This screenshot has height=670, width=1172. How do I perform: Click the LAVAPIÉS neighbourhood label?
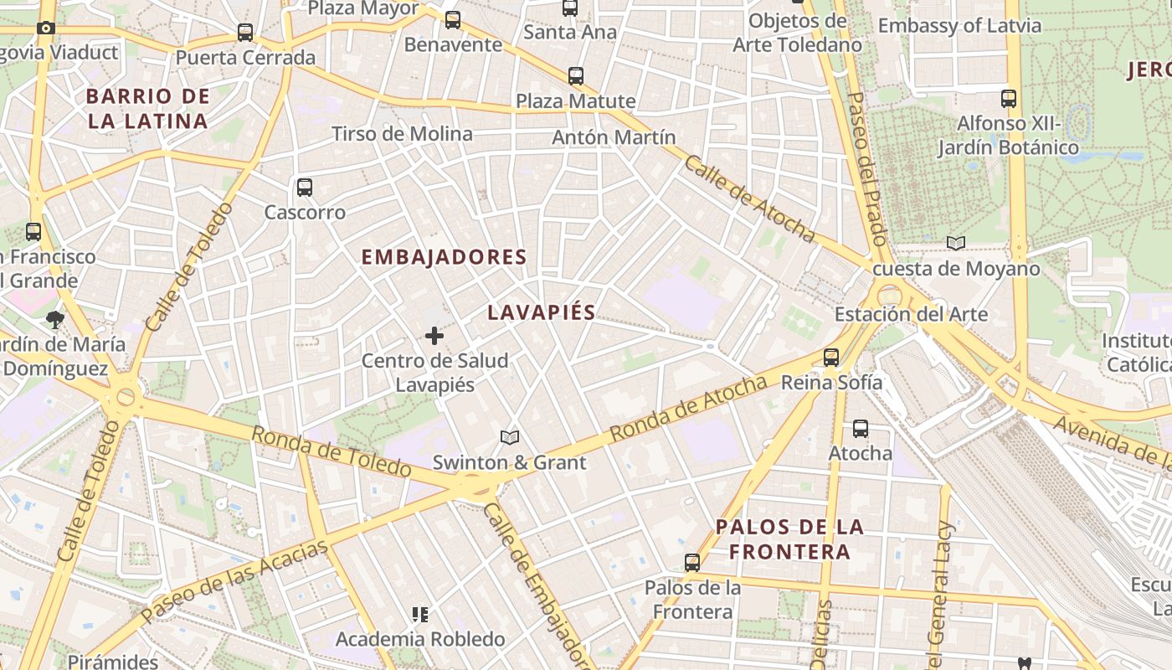point(542,313)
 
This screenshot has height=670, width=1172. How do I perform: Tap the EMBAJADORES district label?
point(444,257)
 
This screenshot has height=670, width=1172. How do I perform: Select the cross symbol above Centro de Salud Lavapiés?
point(434,336)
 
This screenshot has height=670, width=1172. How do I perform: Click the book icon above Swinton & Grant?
point(509,437)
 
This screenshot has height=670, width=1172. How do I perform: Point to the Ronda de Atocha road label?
point(688,409)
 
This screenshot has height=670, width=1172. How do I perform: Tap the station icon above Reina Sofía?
point(831,357)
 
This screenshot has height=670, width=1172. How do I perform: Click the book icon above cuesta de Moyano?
point(955,244)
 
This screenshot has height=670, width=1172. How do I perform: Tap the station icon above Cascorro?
point(305,188)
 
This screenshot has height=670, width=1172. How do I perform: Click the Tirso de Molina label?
point(402,134)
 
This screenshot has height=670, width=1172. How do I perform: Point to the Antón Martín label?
point(614,137)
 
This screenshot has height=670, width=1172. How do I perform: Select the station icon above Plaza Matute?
point(576,76)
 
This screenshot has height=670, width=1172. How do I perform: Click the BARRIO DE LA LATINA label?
point(147,109)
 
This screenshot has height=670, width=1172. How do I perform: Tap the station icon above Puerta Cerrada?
point(245,33)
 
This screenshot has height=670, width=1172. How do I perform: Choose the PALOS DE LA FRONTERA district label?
point(789,539)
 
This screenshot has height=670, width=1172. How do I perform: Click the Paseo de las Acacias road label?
point(234,582)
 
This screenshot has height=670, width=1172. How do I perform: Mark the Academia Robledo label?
point(420,640)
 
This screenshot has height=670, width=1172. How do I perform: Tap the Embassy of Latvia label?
point(959,26)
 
